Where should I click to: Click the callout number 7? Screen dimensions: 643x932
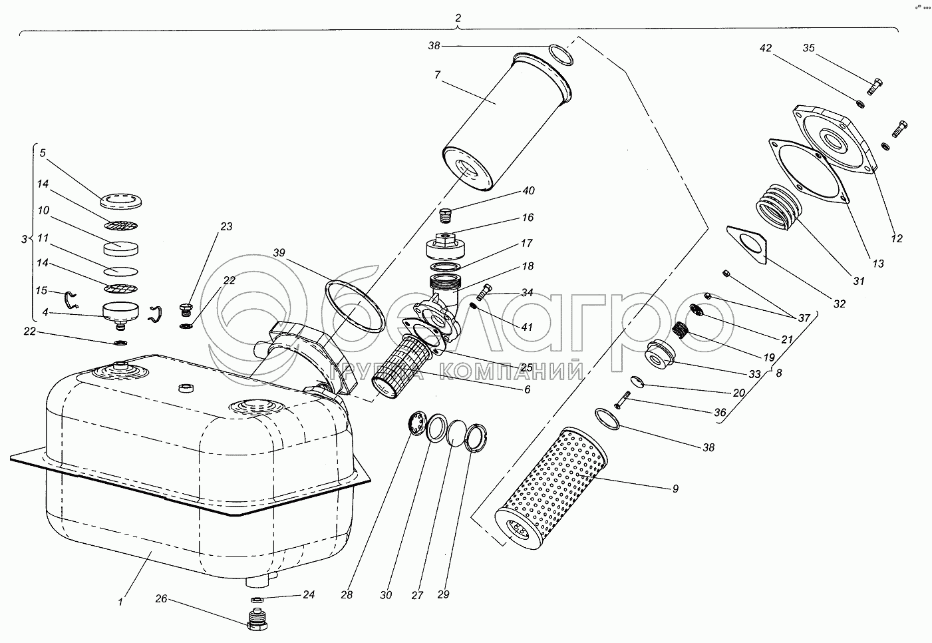[437, 75]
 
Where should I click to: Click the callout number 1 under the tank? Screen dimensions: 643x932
[120, 602]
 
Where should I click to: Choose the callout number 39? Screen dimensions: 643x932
[279, 253]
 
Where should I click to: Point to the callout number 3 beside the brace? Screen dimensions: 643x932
[25, 238]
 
